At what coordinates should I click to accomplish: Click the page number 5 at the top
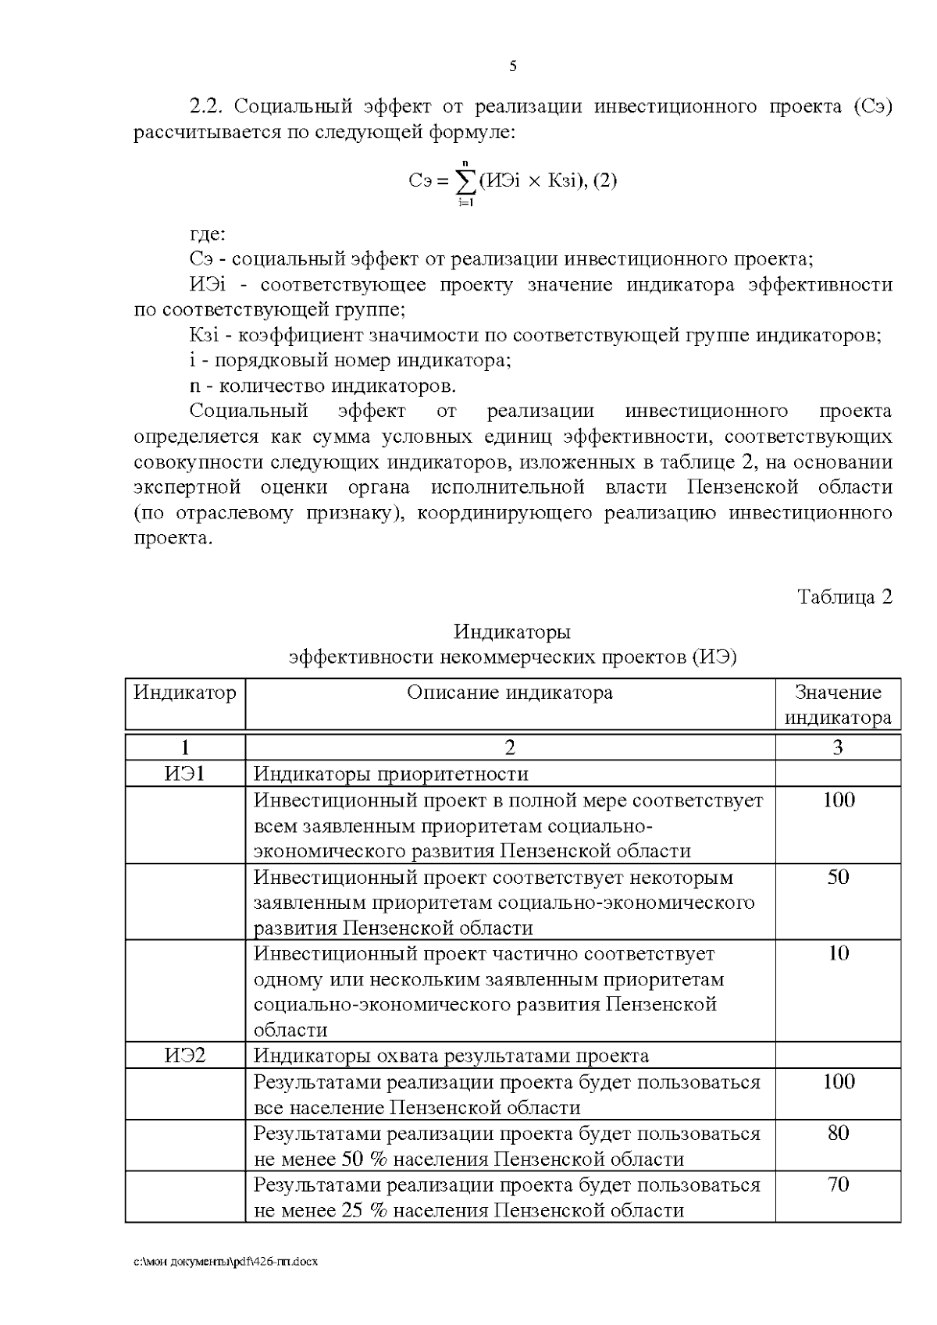513,66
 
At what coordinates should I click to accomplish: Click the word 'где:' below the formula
208,233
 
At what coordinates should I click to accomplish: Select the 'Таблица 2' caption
844,597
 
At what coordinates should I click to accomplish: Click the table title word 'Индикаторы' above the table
512,631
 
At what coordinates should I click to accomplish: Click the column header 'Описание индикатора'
510,693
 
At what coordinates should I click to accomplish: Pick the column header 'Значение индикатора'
838,704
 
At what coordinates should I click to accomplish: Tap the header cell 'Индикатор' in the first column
185,693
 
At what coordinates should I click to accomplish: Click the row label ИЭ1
185,774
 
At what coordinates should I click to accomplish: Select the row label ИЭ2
185,1056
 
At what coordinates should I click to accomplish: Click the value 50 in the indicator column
838,877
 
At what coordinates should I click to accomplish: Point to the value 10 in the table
838,953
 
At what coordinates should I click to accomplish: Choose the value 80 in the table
838,1133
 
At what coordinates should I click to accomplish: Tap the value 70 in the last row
838,1184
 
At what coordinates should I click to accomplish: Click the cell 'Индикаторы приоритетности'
391,774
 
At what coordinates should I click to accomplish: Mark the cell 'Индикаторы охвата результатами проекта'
451,1056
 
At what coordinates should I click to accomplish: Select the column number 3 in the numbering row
838,748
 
